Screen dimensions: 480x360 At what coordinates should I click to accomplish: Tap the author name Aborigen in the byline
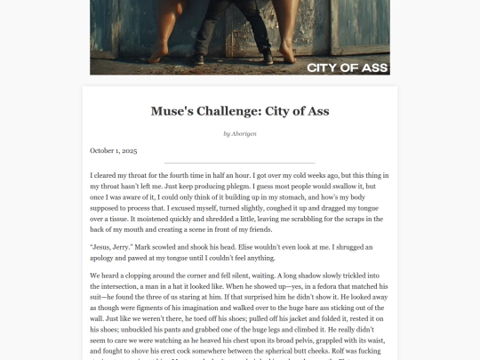pyautogui.click(x=244, y=133)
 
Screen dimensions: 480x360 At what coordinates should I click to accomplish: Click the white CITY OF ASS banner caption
pyautogui.click(x=346, y=67)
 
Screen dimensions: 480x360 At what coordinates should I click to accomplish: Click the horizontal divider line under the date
pyautogui.click(x=240, y=163)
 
